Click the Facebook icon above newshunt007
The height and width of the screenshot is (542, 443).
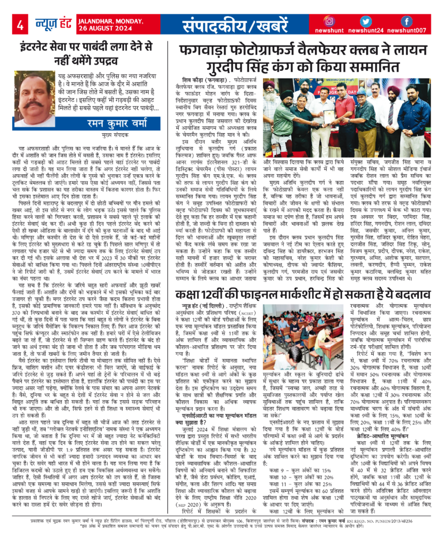(407, 21)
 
